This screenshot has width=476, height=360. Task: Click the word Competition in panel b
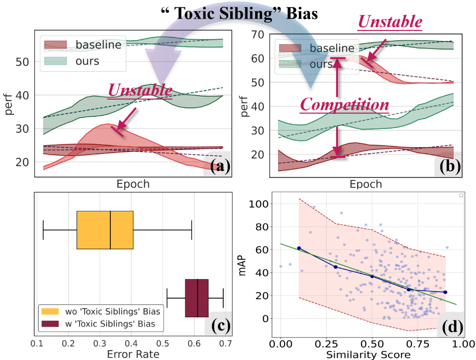pos(345,104)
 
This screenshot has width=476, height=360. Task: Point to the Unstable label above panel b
pos(390,22)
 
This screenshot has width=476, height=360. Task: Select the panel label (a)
pos(216,166)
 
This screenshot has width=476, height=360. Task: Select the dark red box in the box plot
pos(196,298)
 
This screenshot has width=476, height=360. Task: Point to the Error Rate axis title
pos(133,354)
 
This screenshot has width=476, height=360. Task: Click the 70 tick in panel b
pos(258,34)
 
